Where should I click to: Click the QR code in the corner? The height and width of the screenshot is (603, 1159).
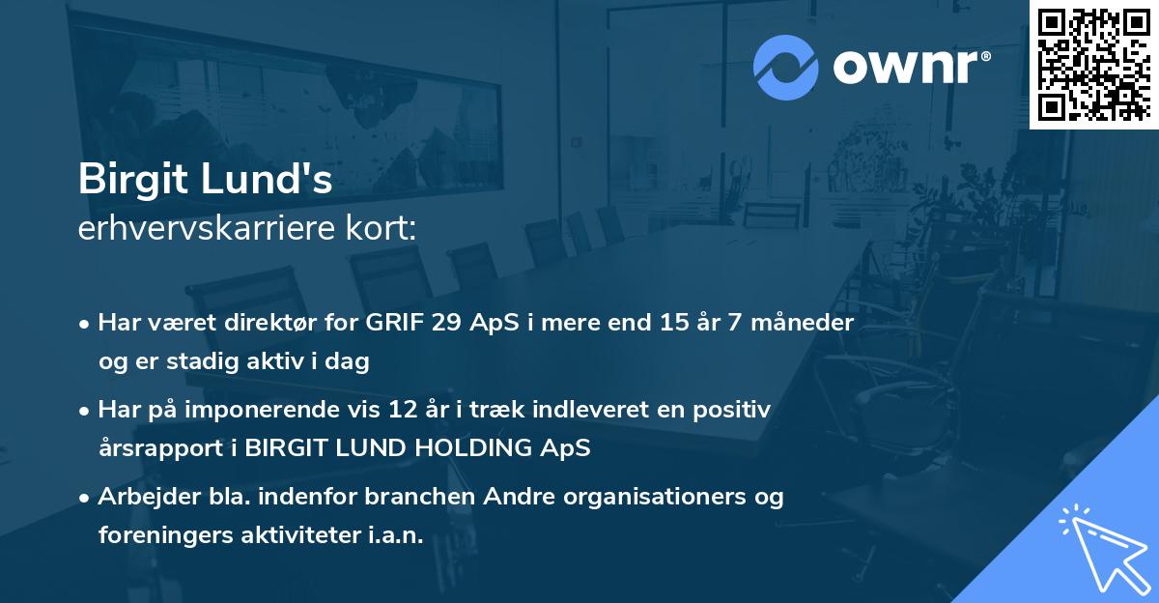click(1094, 64)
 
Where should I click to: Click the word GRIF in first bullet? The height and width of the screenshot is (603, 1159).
click(395, 323)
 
